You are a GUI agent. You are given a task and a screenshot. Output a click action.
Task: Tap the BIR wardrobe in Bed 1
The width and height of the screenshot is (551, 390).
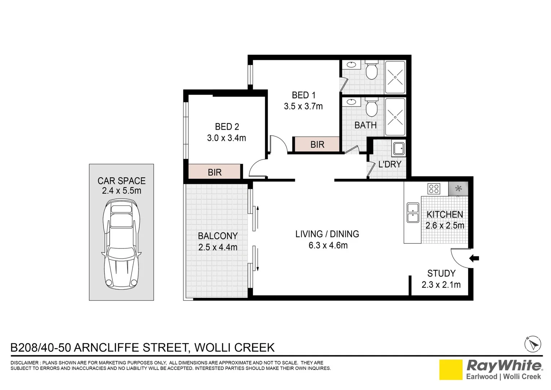pyautogui.click(x=317, y=144)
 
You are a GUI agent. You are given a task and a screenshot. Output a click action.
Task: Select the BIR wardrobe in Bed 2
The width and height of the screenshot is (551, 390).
pyautogui.click(x=214, y=172)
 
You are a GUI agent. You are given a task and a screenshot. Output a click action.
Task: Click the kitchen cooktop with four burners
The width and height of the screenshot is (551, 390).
pyautogui.click(x=434, y=189)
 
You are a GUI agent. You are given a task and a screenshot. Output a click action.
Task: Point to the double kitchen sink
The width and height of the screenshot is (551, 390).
pyautogui.click(x=413, y=212)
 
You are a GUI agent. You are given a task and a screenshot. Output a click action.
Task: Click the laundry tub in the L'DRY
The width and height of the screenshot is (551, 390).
pyautogui.click(x=399, y=149)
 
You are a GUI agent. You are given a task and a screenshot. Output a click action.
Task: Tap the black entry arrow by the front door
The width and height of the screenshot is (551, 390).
pyautogui.click(x=474, y=258)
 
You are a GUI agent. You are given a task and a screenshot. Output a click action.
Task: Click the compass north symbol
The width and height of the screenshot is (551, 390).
pyautogui.click(x=533, y=344)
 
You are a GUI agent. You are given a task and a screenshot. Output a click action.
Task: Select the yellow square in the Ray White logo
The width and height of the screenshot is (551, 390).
pyautogui.click(x=451, y=370)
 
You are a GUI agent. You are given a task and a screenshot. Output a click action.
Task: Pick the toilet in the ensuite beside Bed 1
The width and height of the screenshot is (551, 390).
pyautogui.click(x=371, y=70)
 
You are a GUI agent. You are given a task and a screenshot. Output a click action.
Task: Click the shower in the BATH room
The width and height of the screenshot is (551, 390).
pyautogui.click(x=395, y=117)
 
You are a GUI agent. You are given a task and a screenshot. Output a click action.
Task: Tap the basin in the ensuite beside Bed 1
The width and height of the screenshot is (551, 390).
pyautogui.click(x=351, y=65)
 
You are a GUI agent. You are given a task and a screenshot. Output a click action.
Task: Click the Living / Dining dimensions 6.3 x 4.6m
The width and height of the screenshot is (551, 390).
pyautogui.click(x=328, y=245)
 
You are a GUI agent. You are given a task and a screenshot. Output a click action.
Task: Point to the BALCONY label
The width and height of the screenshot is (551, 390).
pyautogui.click(x=218, y=236)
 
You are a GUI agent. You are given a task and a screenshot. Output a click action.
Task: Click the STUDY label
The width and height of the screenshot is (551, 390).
pyautogui.click(x=441, y=273)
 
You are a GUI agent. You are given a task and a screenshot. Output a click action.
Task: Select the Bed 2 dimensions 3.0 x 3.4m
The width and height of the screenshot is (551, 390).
pyautogui.click(x=226, y=138)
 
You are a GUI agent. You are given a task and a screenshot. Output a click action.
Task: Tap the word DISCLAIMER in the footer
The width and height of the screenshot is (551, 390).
pyautogui.click(x=24, y=363)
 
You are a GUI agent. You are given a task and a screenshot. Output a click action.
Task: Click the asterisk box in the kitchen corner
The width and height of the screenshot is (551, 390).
pyautogui.click(x=458, y=189)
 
